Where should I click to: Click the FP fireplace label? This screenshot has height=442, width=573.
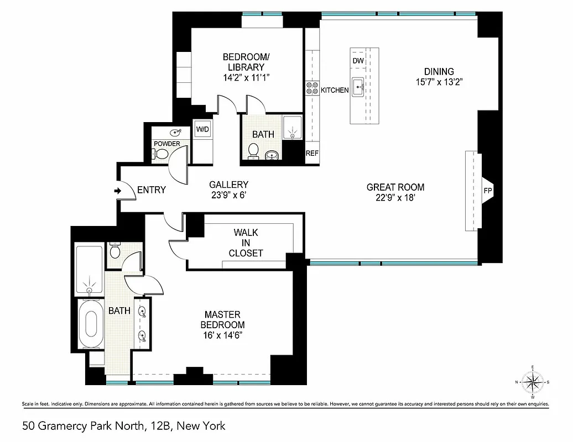pyautogui.click(x=488, y=191)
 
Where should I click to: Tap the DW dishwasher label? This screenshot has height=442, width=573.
pyautogui.click(x=358, y=61)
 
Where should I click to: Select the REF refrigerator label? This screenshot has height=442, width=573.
pyautogui.click(x=312, y=154)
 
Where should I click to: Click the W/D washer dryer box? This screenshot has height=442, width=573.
pyautogui.click(x=203, y=129)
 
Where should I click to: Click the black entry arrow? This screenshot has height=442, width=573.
pyautogui.click(x=118, y=191)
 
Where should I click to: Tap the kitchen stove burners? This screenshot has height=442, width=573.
pyautogui.click(x=312, y=88)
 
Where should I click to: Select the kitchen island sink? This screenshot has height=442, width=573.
pyautogui.click(x=358, y=86)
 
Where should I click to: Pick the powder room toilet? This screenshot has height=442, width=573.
pyautogui.click(x=162, y=154)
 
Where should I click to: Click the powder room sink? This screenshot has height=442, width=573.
pyautogui.click(x=176, y=133)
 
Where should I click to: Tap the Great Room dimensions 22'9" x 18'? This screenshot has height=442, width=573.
pyautogui.click(x=395, y=198)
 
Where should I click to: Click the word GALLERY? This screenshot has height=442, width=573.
pyautogui.click(x=228, y=185)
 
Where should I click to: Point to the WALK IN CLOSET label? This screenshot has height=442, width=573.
pyautogui.click(x=246, y=243)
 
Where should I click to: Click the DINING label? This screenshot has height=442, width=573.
pyautogui.click(x=439, y=71)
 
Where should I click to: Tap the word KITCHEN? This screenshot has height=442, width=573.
pyautogui.click(x=335, y=90)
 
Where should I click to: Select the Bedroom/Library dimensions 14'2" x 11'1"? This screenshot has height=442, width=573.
pyautogui.click(x=246, y=78)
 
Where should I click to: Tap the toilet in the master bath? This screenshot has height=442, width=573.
pyautogui.click(x=116, y=252)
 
